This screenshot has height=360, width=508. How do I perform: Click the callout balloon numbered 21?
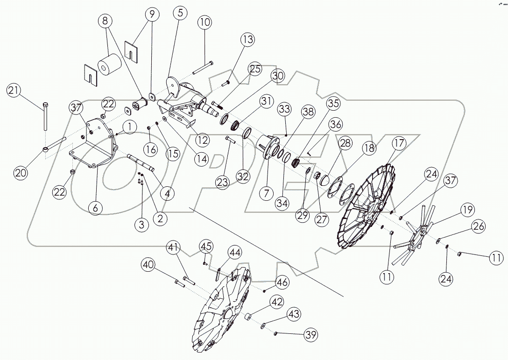click(14, 91)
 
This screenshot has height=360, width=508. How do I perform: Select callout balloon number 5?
click(180, 13)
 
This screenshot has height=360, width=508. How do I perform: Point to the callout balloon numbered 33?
click(284, 109)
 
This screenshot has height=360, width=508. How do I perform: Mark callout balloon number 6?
click(95, 207)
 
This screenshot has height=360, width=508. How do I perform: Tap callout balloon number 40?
click(149, 265)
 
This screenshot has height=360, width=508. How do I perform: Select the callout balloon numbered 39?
click(310, 334)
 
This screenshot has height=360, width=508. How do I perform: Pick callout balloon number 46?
click(282, 282)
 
